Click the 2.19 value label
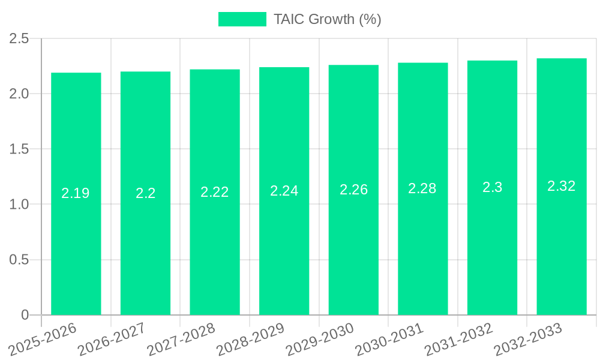[x=76, y=193]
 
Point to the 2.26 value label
[x=354, y=190]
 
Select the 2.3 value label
[x=493, y=187]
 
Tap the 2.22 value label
[x=215, y=192]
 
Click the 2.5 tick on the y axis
[x=19, y=38]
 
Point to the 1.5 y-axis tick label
[x=19, y=149]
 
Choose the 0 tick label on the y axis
[x=25, y=315]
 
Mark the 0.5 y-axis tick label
[x=19, y=260]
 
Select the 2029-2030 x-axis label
[x=320, y=339]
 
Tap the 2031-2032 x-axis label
[x=458, y=339]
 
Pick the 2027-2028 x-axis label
[x=182, y=339]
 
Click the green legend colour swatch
[x=242, y=19]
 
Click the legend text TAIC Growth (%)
[x=327, y=19]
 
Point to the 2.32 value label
[x=562, y=186]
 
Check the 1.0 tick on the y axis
[x=19, y=205]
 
